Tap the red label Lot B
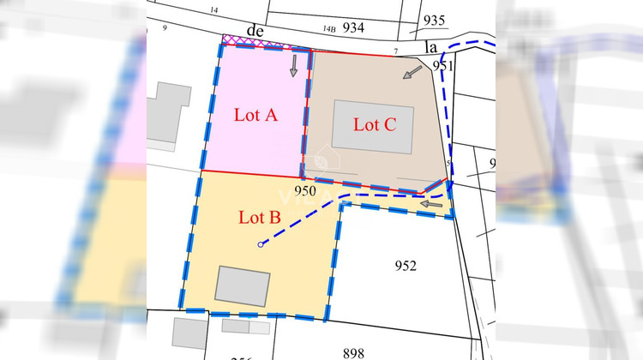point(259,217)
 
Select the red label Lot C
point(375,125)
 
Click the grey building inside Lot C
point(373,126)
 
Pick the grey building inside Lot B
point(243,285)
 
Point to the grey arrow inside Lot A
point(293,65)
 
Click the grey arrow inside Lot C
point(412,72)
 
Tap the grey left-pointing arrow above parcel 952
point(432,204)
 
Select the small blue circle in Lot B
point(261,246)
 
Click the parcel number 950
point(305,190)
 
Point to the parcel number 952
point(406,266)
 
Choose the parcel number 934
point(353,27)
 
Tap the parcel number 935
point(435,21)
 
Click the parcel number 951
point(442,65)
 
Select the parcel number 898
point(352,352)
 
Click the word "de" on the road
point(254,30)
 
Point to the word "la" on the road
point(431,47)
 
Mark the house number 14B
point(329,28)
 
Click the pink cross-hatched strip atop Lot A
point(253,40)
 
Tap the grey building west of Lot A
point(168,113)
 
